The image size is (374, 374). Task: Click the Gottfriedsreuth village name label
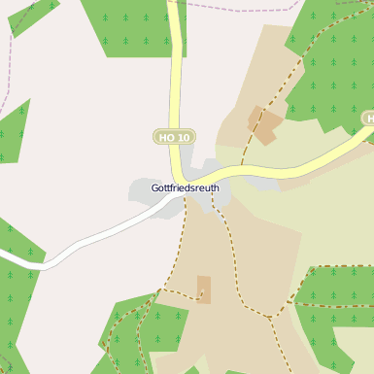(186, 187)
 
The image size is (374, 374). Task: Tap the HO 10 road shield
(174, 137)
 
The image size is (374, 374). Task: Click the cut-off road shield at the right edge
(368, 119)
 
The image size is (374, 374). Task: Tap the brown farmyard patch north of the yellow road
(264, 122)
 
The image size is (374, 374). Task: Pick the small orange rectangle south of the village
(203, 289)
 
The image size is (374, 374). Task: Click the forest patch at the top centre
(131, 27)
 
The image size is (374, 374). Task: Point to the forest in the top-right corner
(335, 68)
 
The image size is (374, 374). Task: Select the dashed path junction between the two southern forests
(273, 317)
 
